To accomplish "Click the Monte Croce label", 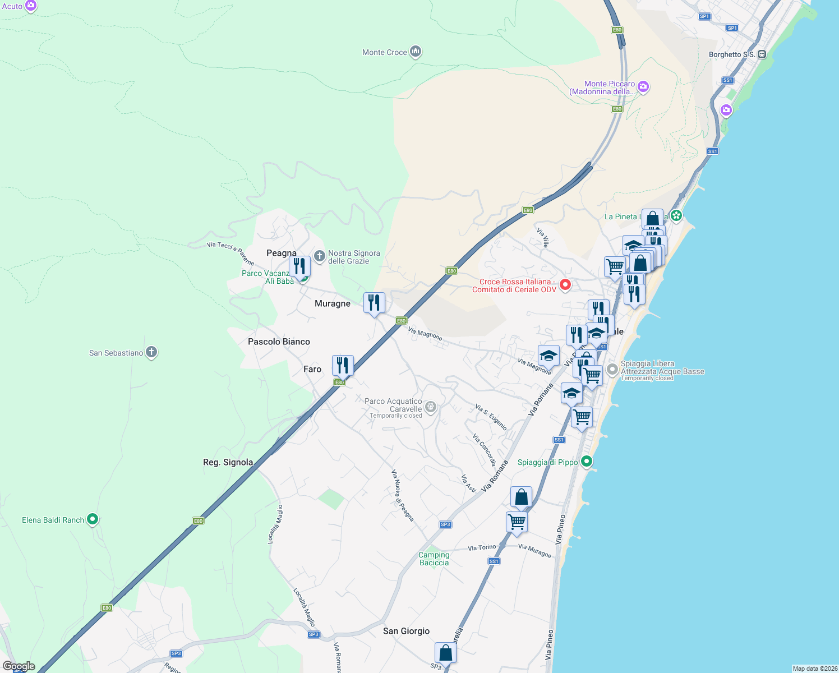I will click(x=385, y=52).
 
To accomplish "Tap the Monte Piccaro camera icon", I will click(x=643, y=87).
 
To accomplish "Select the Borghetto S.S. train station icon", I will click(x=762, y=54).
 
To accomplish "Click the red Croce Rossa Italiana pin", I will click(x=565, y=284).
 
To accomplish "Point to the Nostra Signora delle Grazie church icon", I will click(x=320, y=257).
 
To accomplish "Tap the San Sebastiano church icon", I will click(x=151, y=352).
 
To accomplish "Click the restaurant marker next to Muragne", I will click(x=374, y=303).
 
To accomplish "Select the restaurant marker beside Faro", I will click(x=343, y=366).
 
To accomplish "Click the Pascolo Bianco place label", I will click(x=279, y=342).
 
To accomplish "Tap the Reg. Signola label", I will click(x=228, y=462).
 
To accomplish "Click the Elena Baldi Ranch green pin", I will click(x=93, y=519).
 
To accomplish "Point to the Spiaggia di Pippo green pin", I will click(x=587, y=462).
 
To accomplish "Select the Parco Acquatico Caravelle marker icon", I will click(x=431, y=407).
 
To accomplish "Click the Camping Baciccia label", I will click(x=434, y=559).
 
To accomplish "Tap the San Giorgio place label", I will click(x=406, y=631).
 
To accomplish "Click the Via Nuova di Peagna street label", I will click(x=403, y=495).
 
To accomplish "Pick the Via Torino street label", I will click(x=482, y=547).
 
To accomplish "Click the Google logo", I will click(x=19, y=666).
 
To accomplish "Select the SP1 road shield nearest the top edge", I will click(x=704, y=16).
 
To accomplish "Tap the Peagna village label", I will click(x=282, y=253).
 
